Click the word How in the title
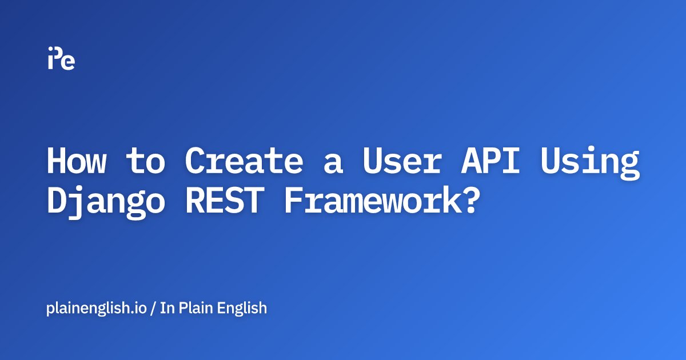(x=76, y=162)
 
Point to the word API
(x=498, y=162)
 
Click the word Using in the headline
(x=598, y=163)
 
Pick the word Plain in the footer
(x=194, y=308)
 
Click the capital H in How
(x=56, y=162)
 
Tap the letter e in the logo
(x=68, y=62)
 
